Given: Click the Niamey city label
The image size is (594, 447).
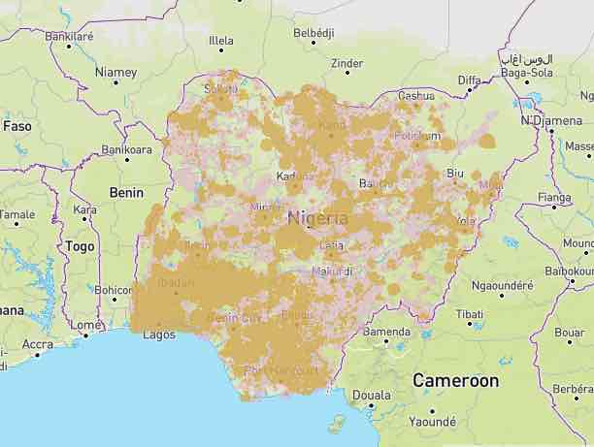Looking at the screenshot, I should click(x=115, y=72).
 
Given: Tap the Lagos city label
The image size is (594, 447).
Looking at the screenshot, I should click(x=158, y=335).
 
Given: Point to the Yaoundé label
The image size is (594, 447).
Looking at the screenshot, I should click(x=432, y=422).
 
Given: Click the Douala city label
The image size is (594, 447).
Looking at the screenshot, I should click(x=372, y=396).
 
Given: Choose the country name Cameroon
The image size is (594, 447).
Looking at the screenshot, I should click(x=455, y=381).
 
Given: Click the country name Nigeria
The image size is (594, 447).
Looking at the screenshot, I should click(x=316, y=218).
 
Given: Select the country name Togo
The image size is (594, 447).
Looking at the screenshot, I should click(x=80, y=246).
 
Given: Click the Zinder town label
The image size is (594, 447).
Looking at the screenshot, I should click(x=346, y=64).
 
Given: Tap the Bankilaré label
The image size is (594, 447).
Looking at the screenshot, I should click(x=69, y=36).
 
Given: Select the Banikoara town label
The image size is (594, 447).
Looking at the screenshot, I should click(x=126, y=150).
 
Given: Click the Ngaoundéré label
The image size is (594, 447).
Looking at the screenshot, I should click(x=503, y=285).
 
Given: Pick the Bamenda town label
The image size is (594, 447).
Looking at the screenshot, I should click(x=386, y=333).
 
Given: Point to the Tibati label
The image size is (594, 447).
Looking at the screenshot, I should click(x=470, y=314).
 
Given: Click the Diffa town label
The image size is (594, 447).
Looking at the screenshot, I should click(x=469, y=80).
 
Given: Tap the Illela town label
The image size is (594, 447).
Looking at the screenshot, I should click(x=221, y=41).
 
